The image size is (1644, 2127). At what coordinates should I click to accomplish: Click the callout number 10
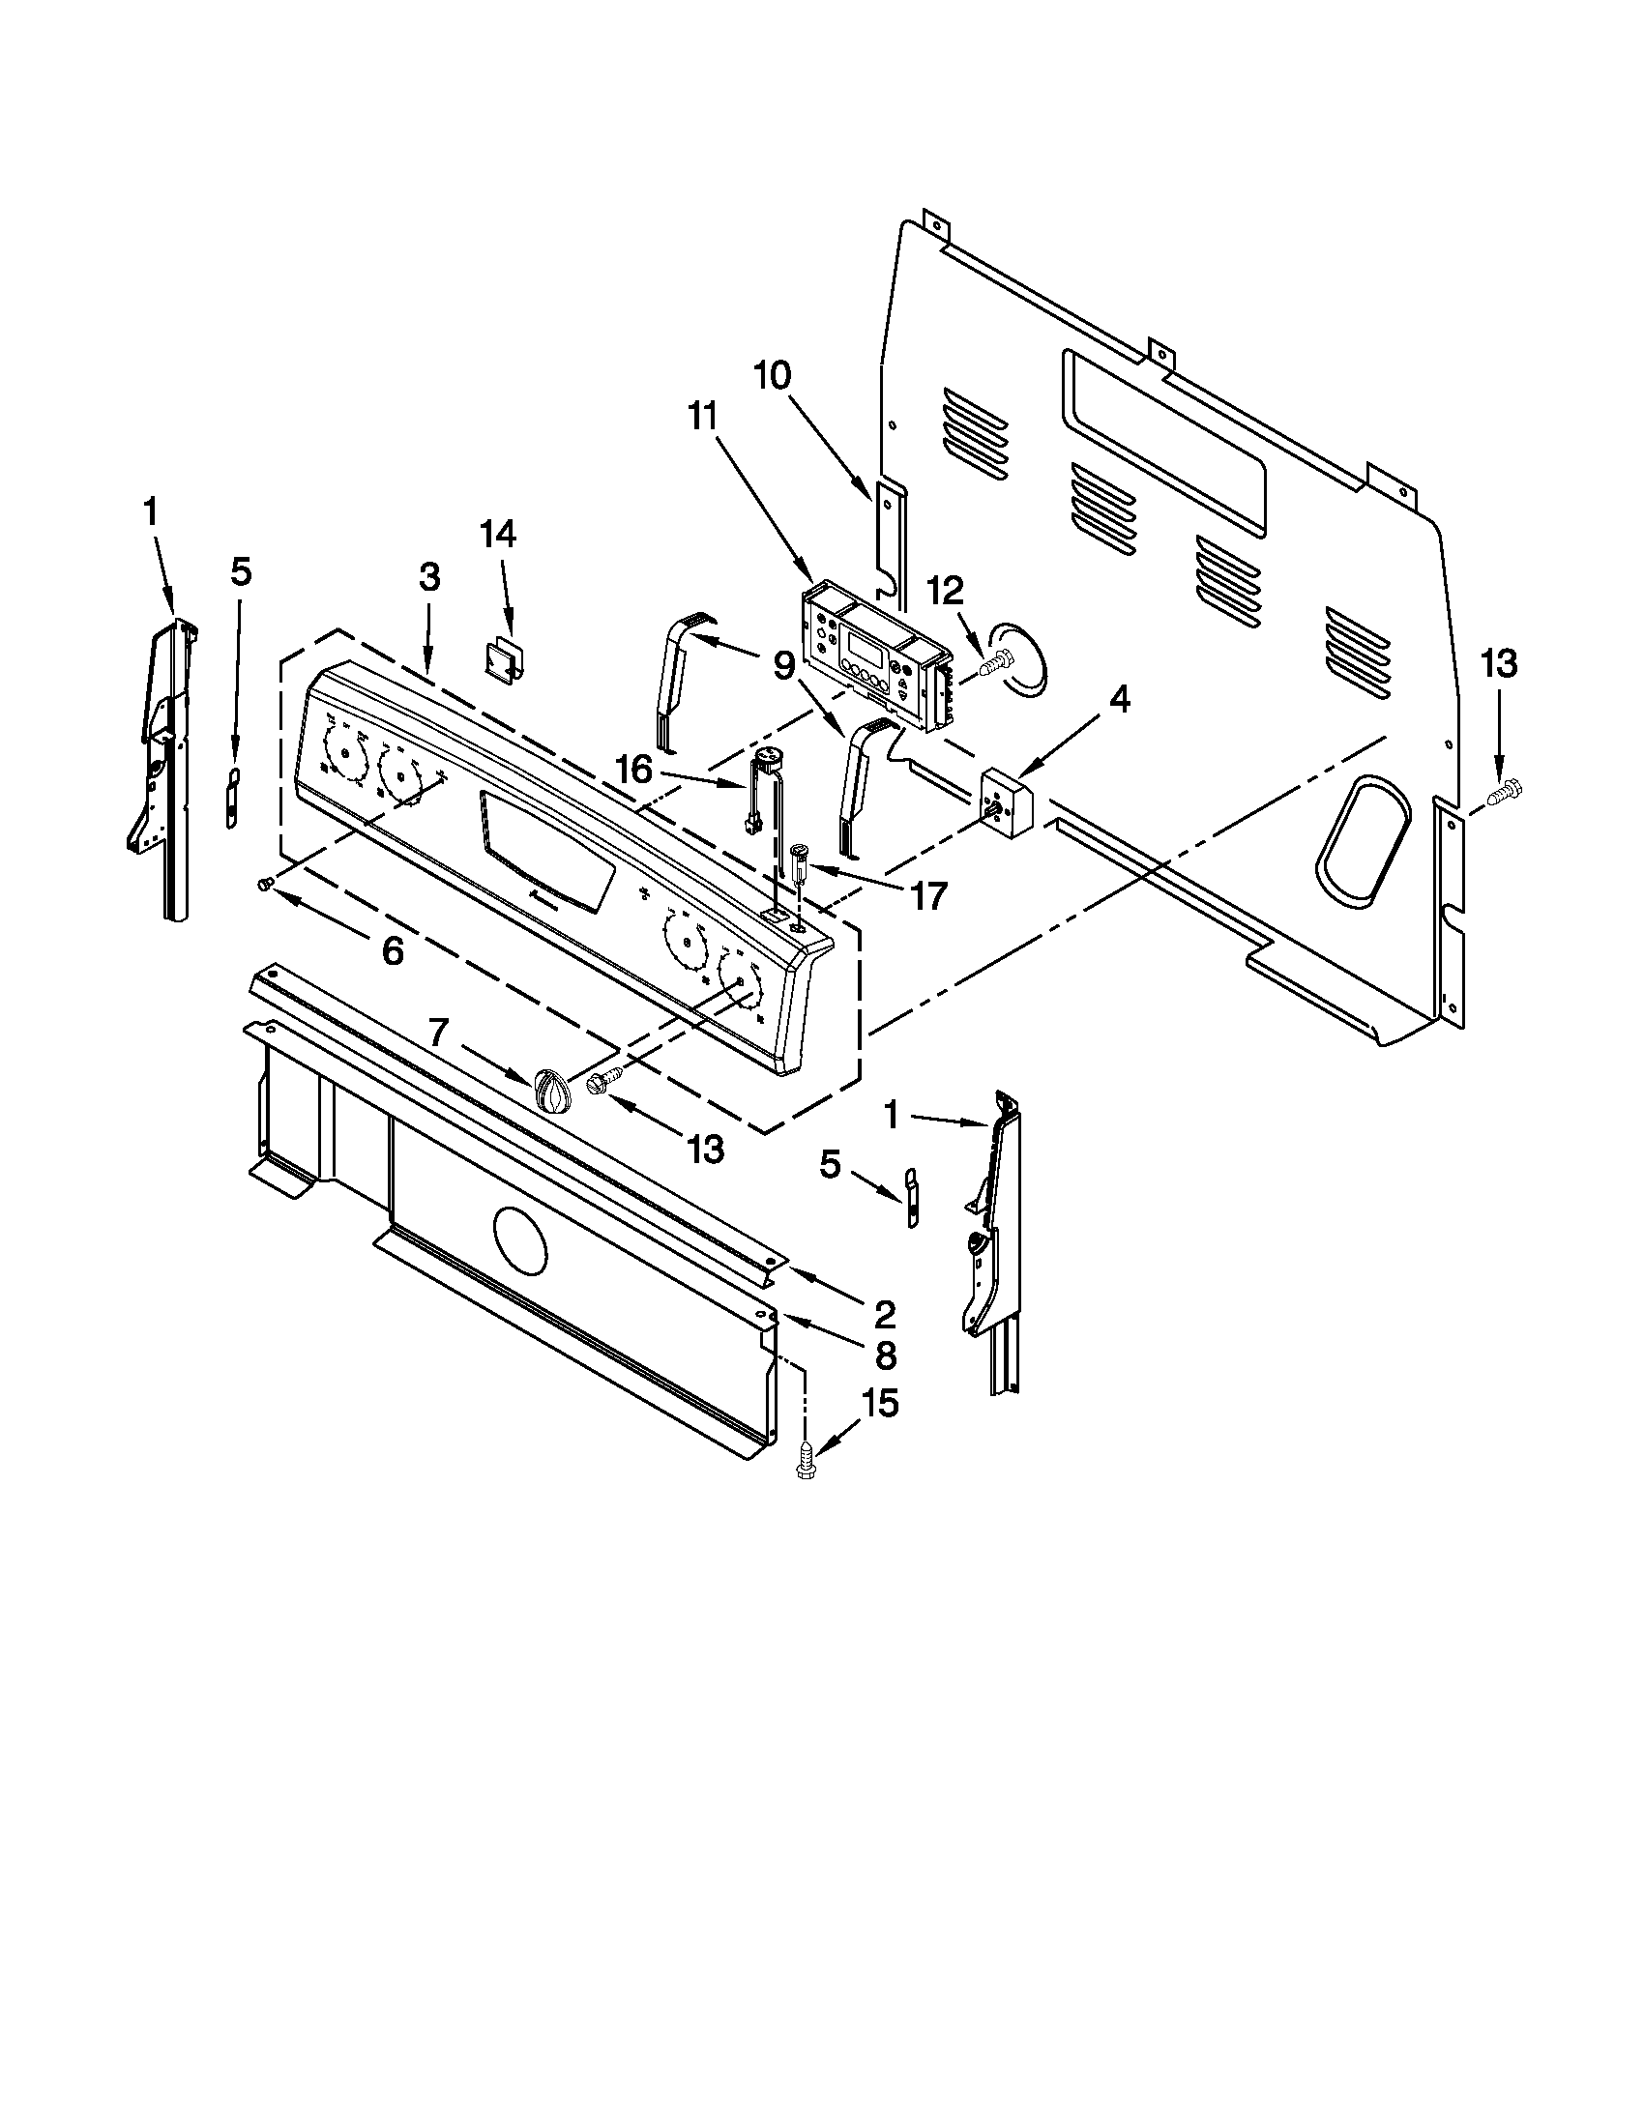tap(772, 376)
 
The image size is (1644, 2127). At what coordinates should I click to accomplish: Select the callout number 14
tap(498, 535)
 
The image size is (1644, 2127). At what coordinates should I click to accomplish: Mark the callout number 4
tap(1120, 699)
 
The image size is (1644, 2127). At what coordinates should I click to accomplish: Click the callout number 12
tap(944, 590)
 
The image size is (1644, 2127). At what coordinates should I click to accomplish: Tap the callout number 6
tap(392, 951)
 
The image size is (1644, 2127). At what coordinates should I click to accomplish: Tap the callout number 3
tap(429, 577)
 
